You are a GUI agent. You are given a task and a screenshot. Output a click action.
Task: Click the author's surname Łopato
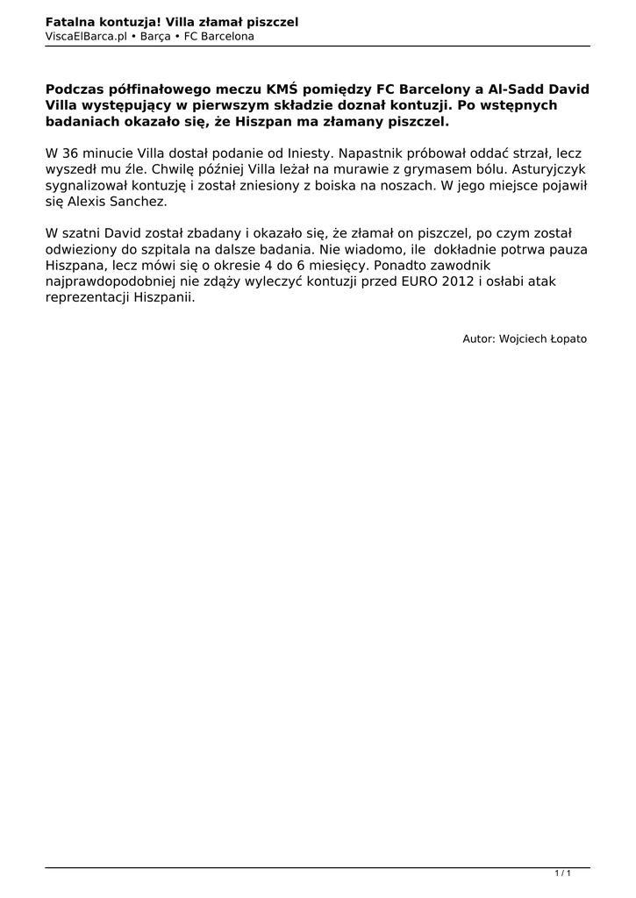[x=567, y=339]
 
